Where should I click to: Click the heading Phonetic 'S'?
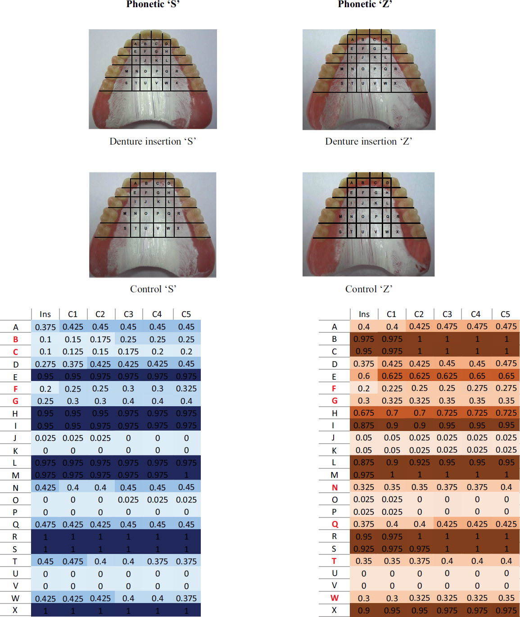coord(153,5)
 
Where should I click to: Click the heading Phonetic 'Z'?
coord(365,5)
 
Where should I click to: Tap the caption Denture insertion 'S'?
coord(153,141)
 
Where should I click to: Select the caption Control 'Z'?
coord(369,289)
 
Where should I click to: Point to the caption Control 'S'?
coord(153,289)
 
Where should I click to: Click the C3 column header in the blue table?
coord(128,314)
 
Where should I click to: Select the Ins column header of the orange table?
coord(364,314)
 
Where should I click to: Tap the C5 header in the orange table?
coord(505,314)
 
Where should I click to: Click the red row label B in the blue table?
coord(16,340)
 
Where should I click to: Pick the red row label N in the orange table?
coord(335,487)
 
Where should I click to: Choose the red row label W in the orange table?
coord(335,598)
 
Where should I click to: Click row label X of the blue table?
coord(15,610)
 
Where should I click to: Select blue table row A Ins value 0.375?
coord(45,327)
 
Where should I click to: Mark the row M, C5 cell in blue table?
coord(186,475)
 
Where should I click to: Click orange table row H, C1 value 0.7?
coord(392,413)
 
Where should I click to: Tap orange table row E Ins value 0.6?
coord(364,376)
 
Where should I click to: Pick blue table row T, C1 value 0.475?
coord(73,562)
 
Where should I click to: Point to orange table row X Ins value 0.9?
coord(364,611)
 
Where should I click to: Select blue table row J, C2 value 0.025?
coord(100,438)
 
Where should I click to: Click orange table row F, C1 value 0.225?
coord(392,388)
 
